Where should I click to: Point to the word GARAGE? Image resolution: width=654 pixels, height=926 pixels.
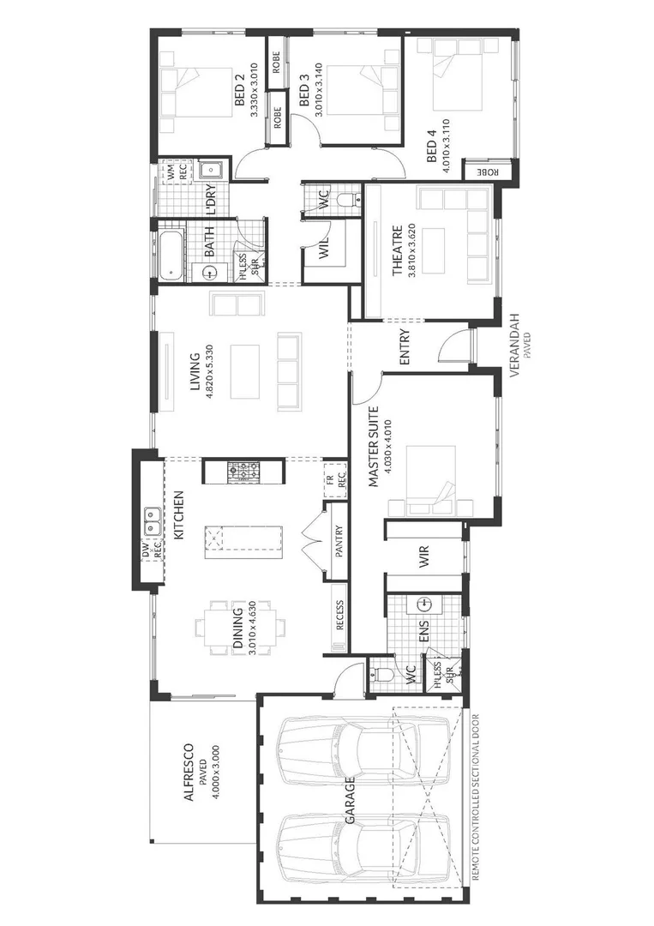point(350,803)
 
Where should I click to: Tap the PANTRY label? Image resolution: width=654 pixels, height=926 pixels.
point(339,542)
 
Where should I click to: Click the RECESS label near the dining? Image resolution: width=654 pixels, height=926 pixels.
point(339,615)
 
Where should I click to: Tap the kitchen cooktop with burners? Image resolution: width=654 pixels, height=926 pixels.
point(243,471)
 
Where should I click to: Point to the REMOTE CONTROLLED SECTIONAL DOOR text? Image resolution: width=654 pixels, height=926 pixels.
point(475,797)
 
